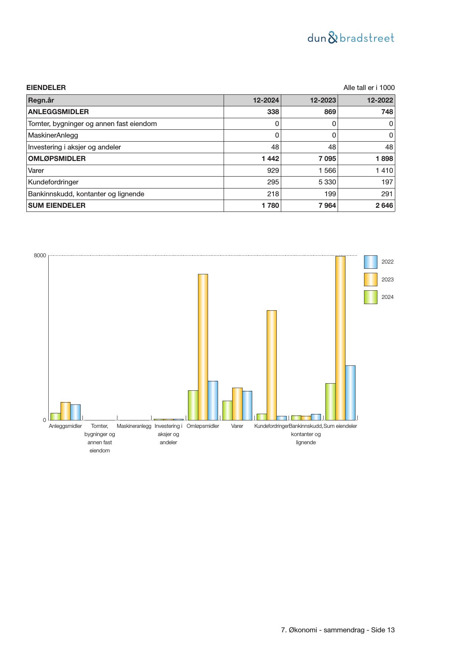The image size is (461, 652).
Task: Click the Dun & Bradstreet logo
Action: [x=351, y=38]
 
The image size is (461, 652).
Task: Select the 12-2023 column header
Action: [x=323, y=100]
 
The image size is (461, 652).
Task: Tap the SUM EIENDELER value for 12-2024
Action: [x=270, y=206]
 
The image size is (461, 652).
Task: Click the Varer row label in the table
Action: [x=36, y=171]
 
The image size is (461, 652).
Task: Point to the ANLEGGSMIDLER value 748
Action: [x=387, y=112]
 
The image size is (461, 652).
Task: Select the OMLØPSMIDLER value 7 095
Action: [x=327, y=159]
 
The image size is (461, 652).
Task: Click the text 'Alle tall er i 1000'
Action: [x=369, y=88]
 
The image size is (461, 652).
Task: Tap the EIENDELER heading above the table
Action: [x=46, y=88]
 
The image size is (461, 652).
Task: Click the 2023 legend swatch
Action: [x=370, y=280]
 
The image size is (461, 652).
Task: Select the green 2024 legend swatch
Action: [x=370, y=297]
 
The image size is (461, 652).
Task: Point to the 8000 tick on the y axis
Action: [x=40, y=256]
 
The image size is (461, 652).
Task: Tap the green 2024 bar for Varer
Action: [x=227, y=410]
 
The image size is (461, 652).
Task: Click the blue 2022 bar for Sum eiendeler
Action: [x=350, y=393]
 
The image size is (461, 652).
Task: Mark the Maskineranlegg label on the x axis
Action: [x=134, y=426]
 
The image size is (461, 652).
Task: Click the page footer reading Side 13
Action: [x=338, y=630]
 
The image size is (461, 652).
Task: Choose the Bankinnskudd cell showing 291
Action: [x=387, y=194]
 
